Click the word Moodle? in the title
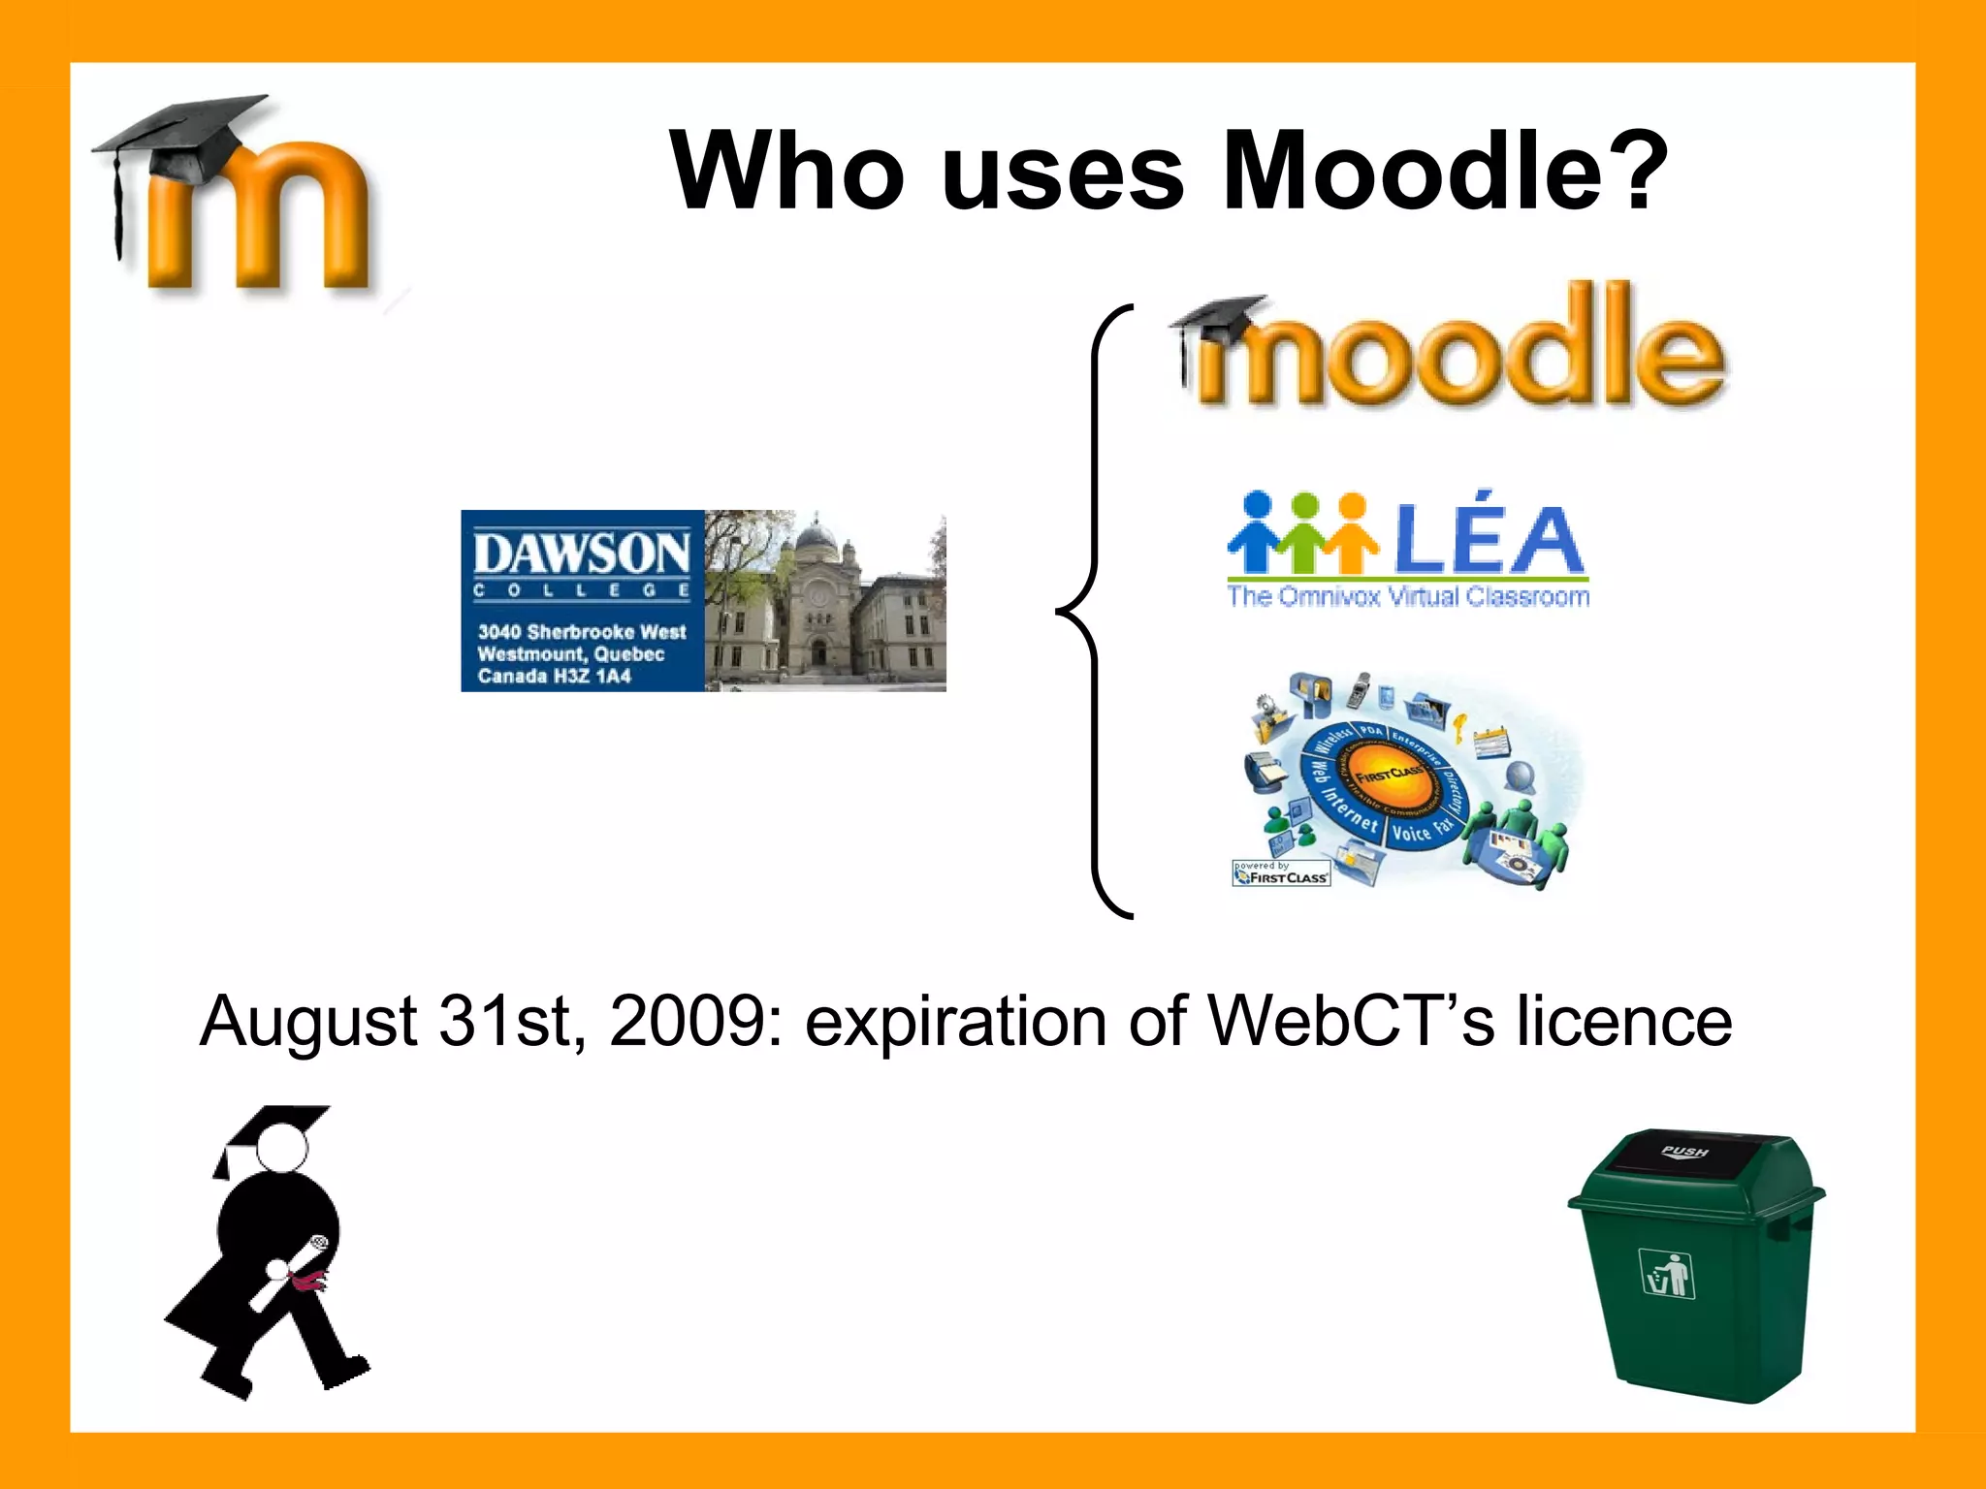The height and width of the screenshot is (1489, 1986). [1444, 172]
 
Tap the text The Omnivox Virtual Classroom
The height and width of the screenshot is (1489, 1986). [1408, 596]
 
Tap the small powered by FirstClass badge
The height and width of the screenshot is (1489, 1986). [1281, 873]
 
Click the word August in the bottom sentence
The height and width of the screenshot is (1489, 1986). [308, 1024]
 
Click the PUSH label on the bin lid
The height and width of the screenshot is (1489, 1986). [1684, 1152]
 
